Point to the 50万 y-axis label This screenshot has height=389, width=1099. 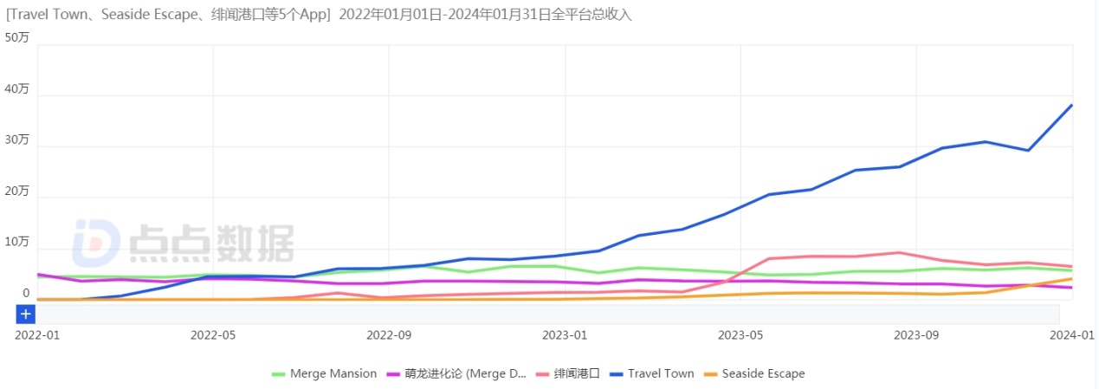pyautogui.click(x=17, y=38)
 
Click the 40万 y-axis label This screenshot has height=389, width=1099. pyautogui.click(x=17, y=89)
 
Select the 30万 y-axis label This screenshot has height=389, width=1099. pyautogui.click(x=17, y=140)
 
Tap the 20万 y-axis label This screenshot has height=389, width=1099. pyautogui.click(x=17, y=191)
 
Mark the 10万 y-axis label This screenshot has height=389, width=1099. pyautogui.click(x=17, y=243)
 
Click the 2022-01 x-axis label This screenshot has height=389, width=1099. pyautogui.click(x=37, y=334)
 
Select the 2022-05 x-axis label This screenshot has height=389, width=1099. pyautogui.click(x=213, y=334)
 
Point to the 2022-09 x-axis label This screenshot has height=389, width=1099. pyautogui.click(x=389, y=334)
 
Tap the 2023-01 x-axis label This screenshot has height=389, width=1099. pyautogui.click(x=565, y=334)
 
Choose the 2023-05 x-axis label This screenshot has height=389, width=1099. pyautogui.click(x=740, y=334)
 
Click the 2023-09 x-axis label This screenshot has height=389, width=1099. pyautogui.click(x=916, y=334)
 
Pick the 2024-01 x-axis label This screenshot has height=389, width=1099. pyautogui.click(x=1072, y=334)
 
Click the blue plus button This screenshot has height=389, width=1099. pyautogui.click(x=26, y=314)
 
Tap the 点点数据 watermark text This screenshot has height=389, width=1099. pyautogui.click(x=211, y=243)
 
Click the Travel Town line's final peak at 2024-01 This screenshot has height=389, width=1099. pyautogui.click(x=1072, y=106)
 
